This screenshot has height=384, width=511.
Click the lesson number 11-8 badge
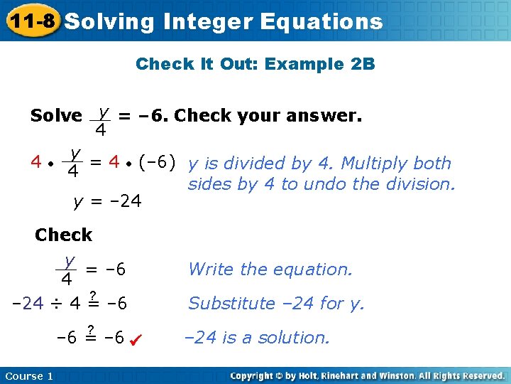tap(31, 21)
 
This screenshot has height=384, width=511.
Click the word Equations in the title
tap(321, 21)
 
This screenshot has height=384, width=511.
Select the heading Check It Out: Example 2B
tap(255, 64)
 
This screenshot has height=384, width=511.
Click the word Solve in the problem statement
tap(56, 115)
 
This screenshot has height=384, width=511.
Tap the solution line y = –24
tap(108, 202)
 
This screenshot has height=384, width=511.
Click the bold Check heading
tap(63, 235)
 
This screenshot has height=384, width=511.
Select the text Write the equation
tap(270, 270)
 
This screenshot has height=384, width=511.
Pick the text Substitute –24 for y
tap(276, 304)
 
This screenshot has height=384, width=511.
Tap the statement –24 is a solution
tap(257, 338)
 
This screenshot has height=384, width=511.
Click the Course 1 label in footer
tap(28, 375)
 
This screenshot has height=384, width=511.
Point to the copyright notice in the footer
tap(368, 375)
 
